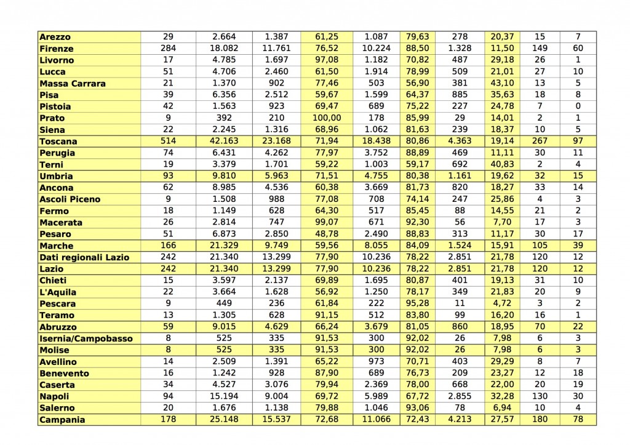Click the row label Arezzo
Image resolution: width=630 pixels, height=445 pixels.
[55, 37]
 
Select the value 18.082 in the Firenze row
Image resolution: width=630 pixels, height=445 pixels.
[224, 49]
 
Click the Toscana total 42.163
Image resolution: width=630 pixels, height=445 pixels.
[224, 142]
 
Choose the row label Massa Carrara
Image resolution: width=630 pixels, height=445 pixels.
[72, 84]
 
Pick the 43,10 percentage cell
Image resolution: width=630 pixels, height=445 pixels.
[502, 84]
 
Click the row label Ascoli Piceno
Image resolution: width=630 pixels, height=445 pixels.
[70, 199]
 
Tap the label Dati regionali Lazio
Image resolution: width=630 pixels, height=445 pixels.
[84, 257]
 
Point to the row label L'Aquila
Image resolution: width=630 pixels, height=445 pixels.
[58, 292]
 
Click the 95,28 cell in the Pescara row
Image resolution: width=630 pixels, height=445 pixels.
[418, 303]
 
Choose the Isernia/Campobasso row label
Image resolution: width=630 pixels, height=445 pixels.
[86, 339]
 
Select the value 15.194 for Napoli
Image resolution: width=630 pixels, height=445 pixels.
[224, 396]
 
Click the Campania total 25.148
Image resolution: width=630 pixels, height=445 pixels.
[224, 420]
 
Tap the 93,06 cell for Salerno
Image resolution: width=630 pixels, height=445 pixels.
[418, 408]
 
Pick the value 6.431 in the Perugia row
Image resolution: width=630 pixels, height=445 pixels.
[224, 153]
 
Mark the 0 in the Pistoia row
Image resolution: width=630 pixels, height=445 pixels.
[578, 106]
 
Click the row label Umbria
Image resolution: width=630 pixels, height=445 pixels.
[56, 176]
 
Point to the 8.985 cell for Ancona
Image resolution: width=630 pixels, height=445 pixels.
[224, 188]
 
